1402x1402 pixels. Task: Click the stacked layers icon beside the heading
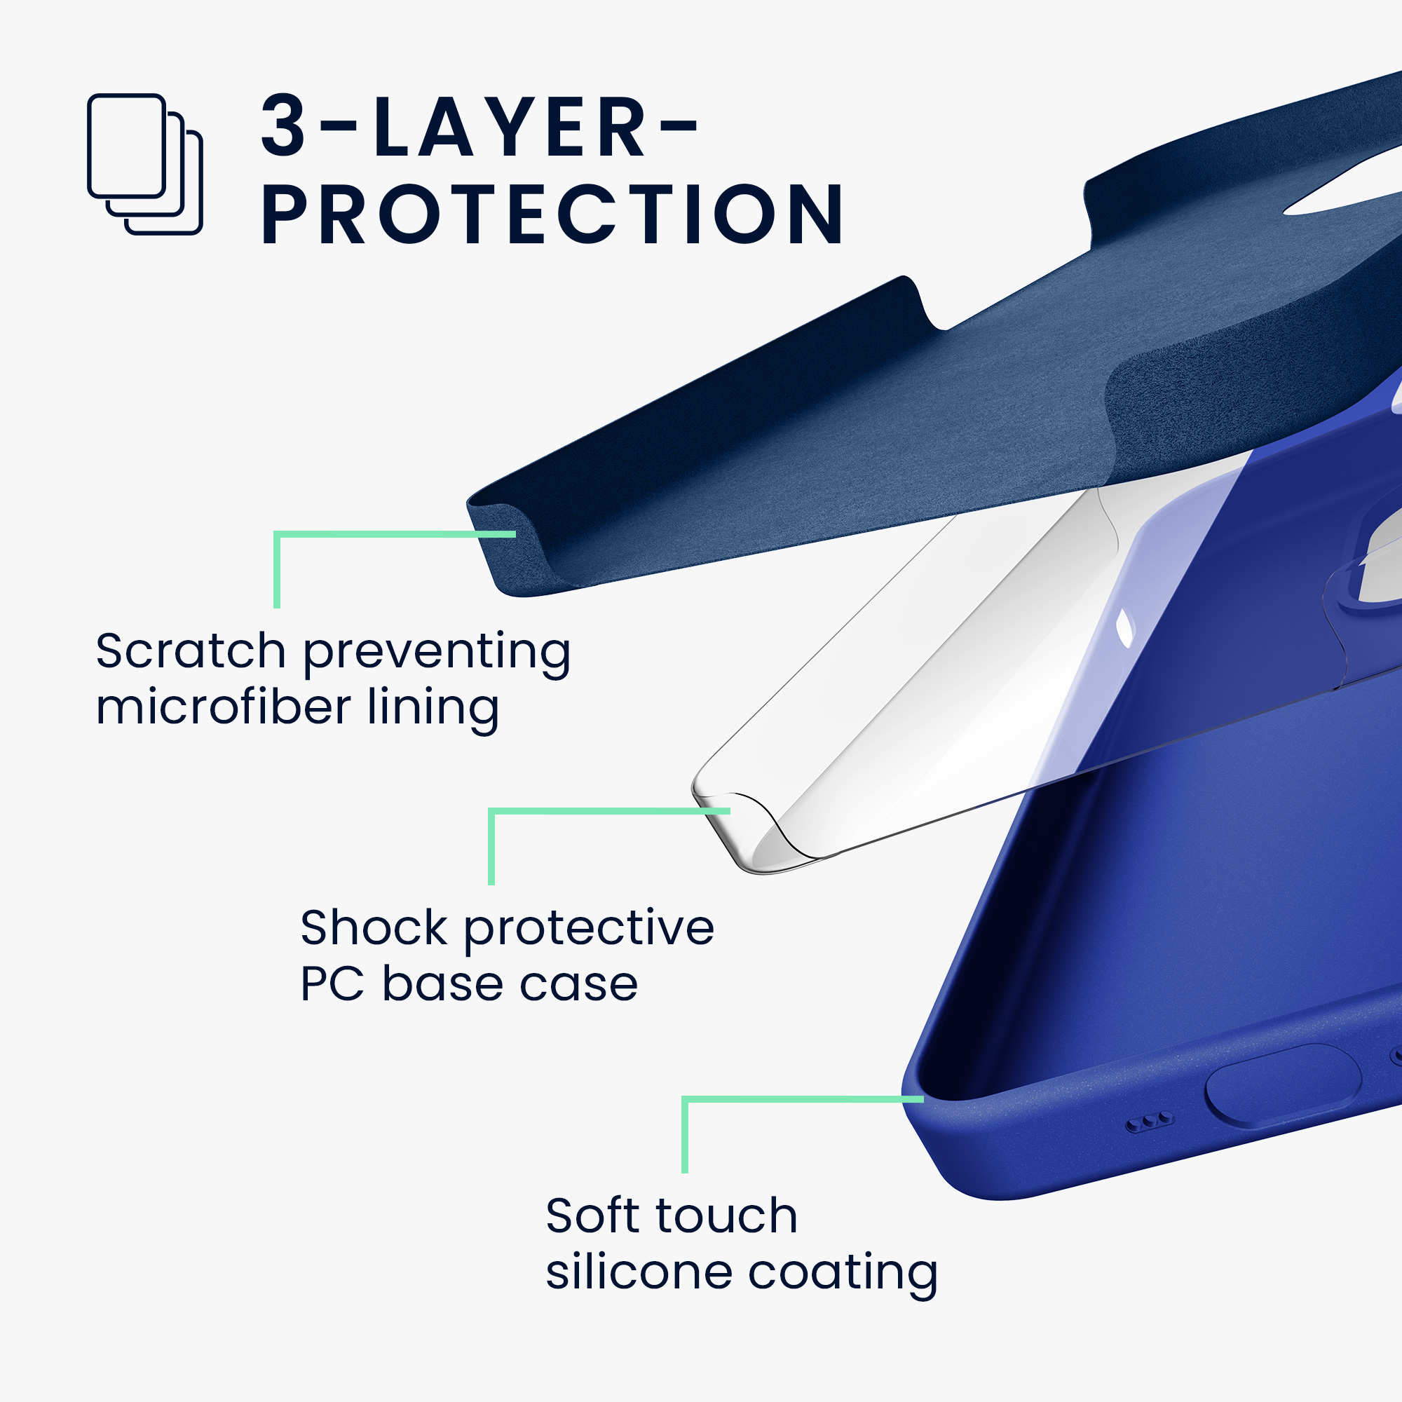click(x=144, y=164)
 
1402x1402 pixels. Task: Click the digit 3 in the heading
click(x=283, y=125)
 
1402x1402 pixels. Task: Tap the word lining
click(x=433, y=709)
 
